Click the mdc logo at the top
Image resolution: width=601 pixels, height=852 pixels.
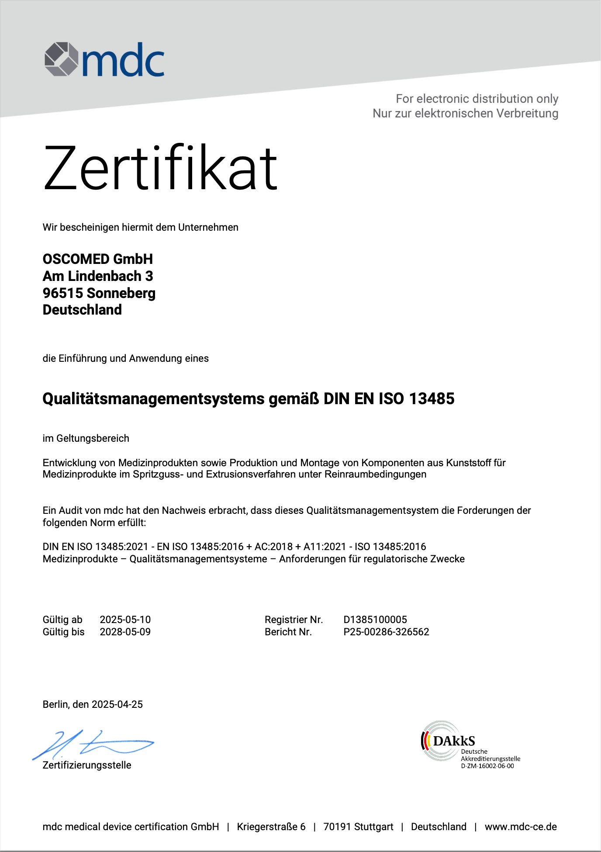(104, 59)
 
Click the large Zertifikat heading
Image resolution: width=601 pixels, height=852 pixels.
(160, 168)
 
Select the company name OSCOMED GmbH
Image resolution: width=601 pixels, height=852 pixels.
(98, 259)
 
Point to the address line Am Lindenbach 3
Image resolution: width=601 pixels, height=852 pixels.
(98, 276)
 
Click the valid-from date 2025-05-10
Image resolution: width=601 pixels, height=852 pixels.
(125, 620)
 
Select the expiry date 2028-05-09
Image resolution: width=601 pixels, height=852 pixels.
(125, 632)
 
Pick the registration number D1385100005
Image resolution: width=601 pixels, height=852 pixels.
(375, 620)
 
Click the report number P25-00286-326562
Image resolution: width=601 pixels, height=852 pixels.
(386, 632)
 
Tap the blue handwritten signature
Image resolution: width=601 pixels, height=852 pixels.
(94, 744)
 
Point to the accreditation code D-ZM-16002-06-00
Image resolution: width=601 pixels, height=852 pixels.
(487, 766)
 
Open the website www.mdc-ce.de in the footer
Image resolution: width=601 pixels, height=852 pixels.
(521, 827)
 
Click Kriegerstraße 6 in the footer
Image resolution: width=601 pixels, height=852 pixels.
(271, 827)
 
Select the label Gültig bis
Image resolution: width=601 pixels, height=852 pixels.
(64, 632)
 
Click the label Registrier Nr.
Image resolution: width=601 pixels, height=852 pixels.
(294, 620)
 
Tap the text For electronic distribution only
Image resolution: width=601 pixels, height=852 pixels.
(477, 99)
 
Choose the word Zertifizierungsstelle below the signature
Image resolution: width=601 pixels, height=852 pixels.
(87, 765)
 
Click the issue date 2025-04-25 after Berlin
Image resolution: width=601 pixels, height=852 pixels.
(117, 704)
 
